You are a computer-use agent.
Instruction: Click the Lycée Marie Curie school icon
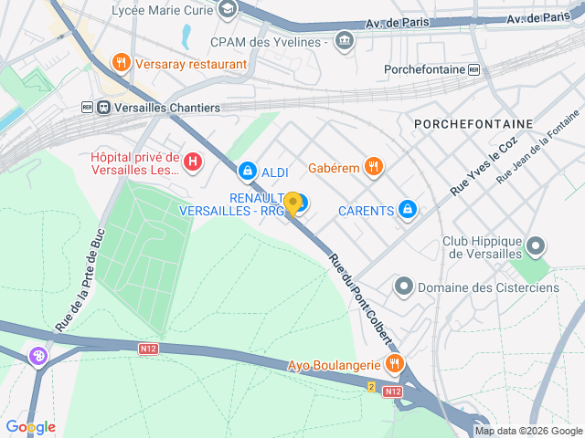[x=228, y=10]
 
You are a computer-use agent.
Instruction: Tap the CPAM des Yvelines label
[x=269, y=42]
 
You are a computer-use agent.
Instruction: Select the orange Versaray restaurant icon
[x=121, y=63]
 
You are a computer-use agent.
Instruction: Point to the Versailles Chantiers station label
[x=162, y=107]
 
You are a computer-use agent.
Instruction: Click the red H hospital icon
[x=193, y=162]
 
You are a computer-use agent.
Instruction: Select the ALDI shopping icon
[x=247, y=171]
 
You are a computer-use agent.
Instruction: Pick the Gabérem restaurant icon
[x=373, y=166]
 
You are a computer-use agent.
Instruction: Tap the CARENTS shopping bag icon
[x=409, y=211]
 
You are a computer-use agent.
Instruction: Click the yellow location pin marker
[x=292, y=203]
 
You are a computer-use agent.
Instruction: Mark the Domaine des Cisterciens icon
[x=403, y=287]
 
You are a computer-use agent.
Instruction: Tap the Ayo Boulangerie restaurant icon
[x=394, y=364]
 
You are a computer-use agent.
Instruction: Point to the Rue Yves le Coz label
[x=484, y=166]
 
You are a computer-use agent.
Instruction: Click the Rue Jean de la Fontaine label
[x=538, y=147]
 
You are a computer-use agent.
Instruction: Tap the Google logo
[x=30, y=427]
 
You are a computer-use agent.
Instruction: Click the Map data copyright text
[x=527, y=431]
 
